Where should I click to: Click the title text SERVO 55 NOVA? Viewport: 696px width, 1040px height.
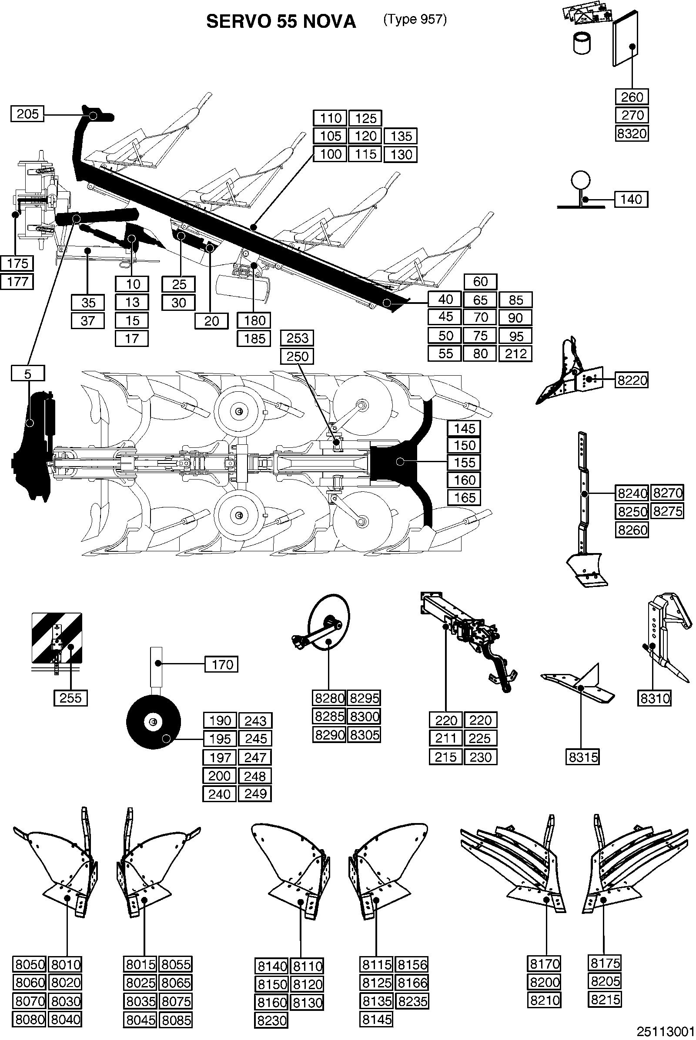coord(281,22)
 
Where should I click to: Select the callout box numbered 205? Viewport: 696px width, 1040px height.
coord(27,114)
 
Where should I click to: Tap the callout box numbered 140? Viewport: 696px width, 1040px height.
coord(631,199)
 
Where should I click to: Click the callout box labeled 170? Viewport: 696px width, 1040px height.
coord(222,665)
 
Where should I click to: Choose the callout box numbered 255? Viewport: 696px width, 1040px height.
coord(70,698)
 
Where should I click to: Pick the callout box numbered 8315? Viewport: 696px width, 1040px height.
coord(583,757)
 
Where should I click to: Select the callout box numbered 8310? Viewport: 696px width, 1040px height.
coord(655,698)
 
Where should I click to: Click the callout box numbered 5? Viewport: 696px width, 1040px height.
coord(28,373)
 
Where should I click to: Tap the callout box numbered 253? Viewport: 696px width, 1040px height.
coord(298,338)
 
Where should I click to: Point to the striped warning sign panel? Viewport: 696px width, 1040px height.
coord(57,637)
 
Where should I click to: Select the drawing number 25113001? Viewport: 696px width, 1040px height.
coord(666,1031)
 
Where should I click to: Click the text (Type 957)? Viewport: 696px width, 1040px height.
coord(415,20)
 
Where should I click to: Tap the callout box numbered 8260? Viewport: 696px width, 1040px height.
coord(632,530)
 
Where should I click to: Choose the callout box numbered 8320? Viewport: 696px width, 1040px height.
coord(632,133)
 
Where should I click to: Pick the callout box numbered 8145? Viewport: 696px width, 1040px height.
coord(376,1020)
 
